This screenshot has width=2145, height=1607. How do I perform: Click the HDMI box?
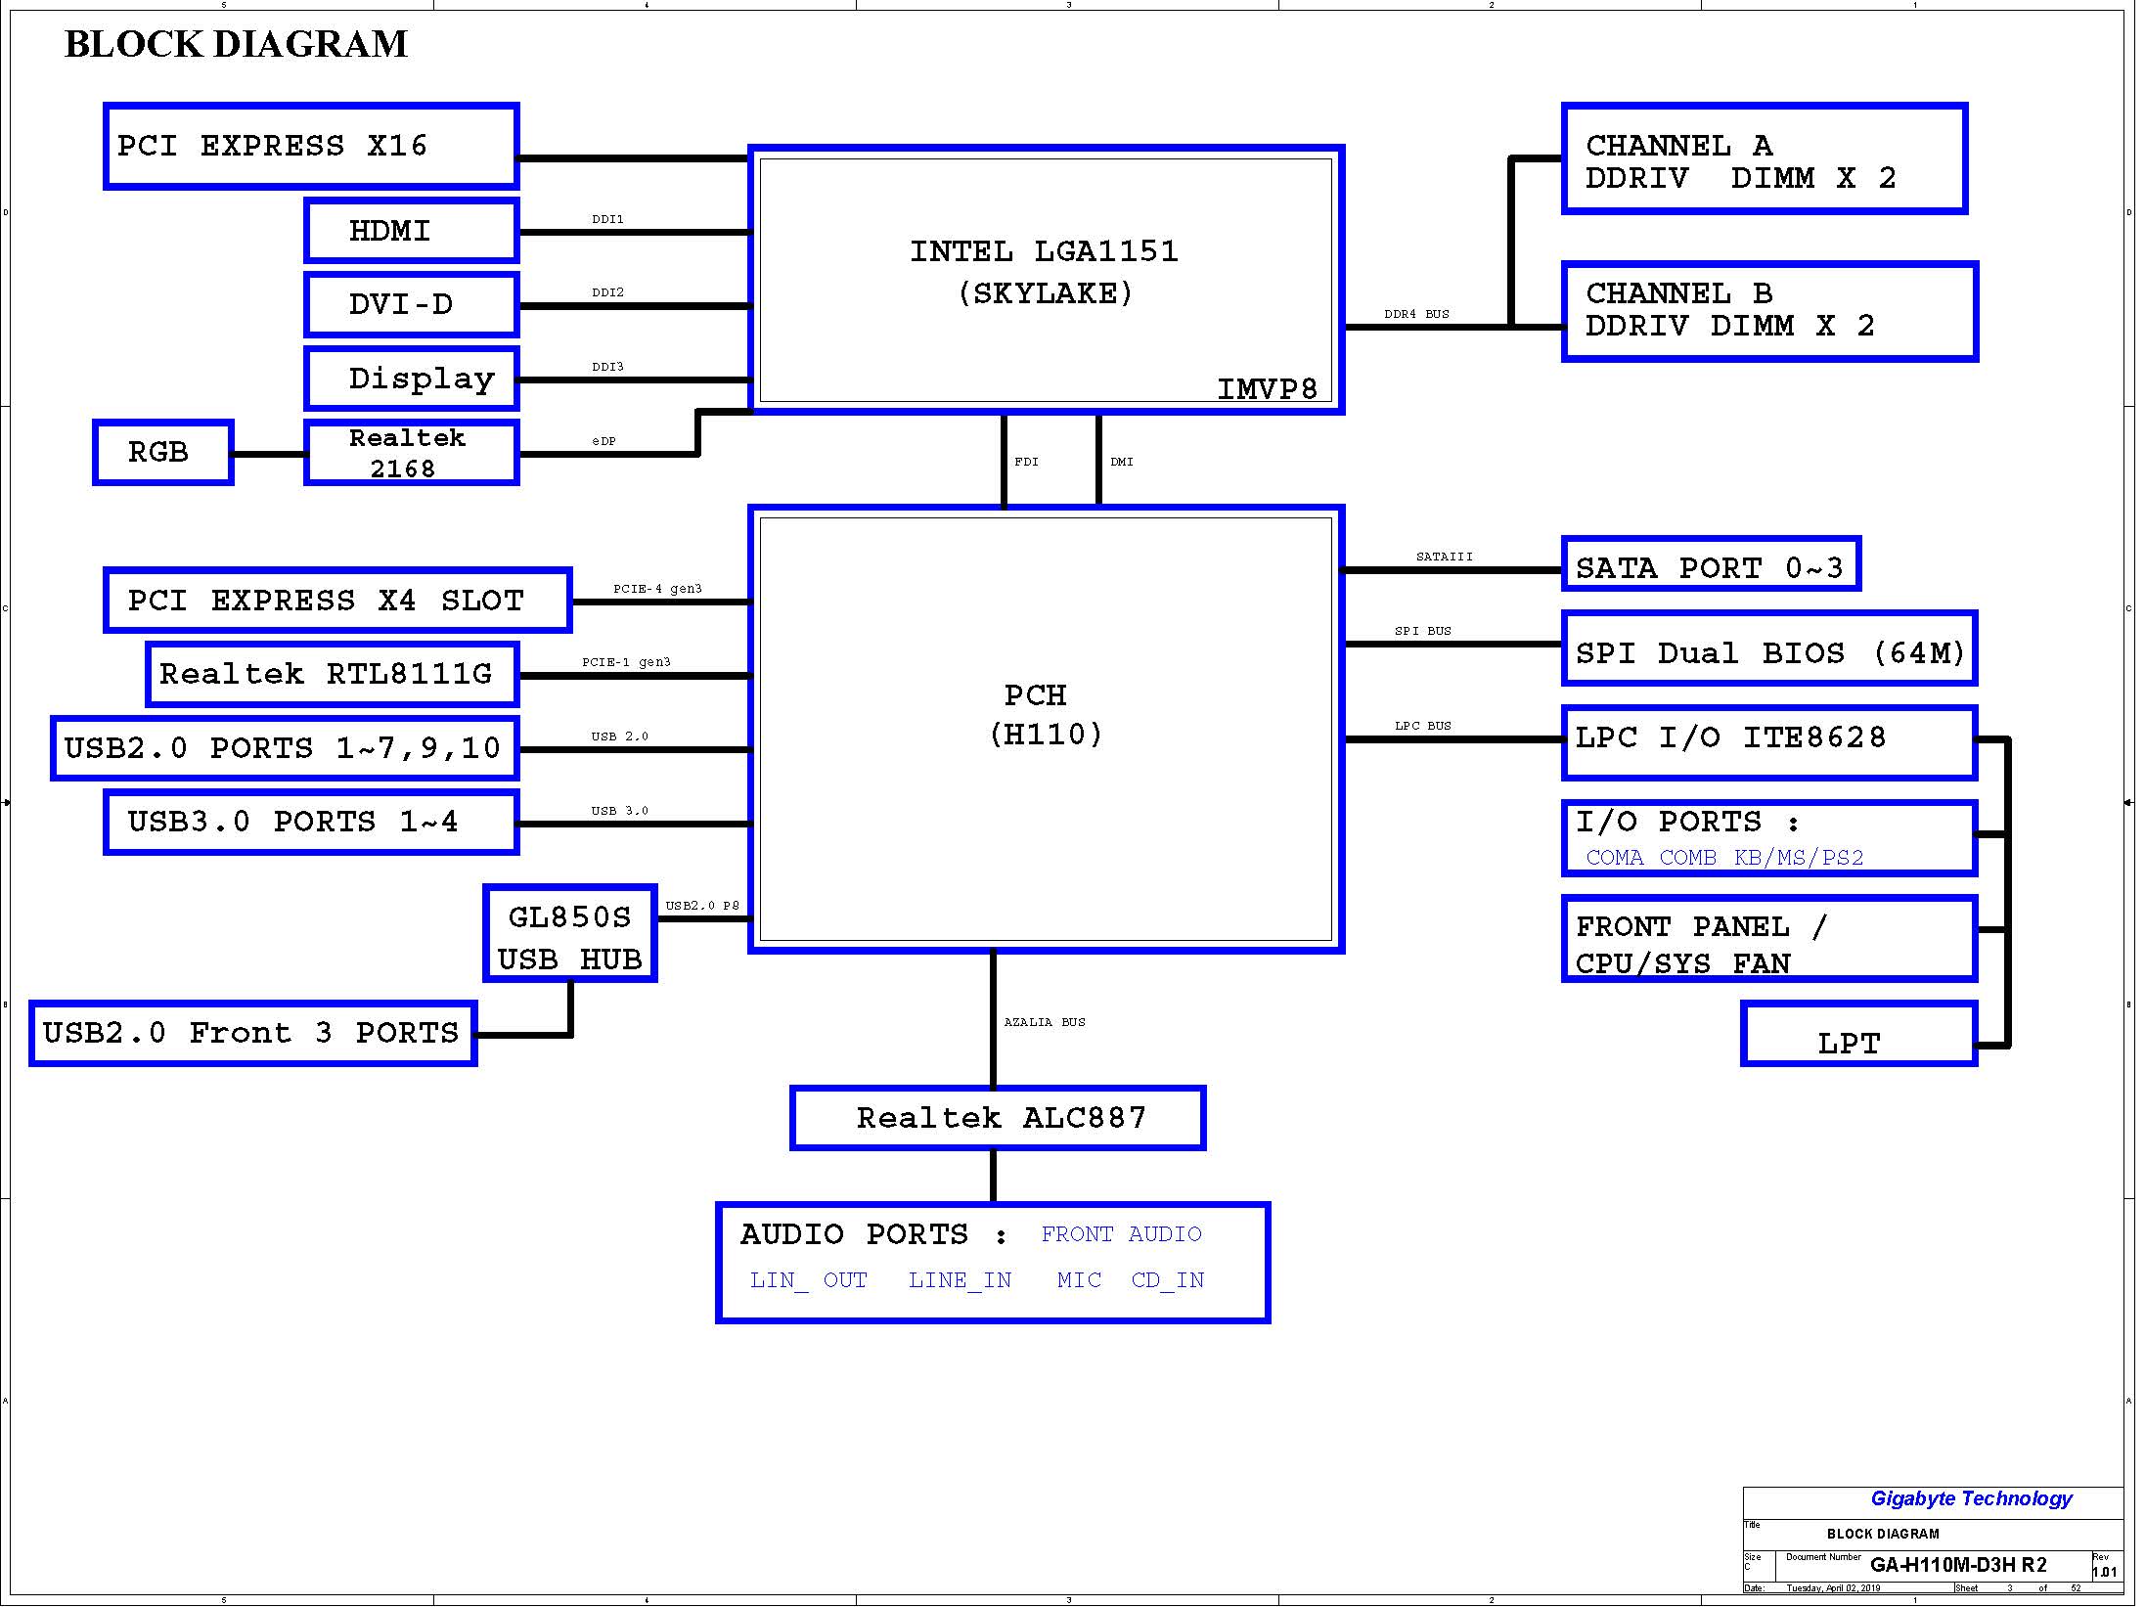click(412, 231)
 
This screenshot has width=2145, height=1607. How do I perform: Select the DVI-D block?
click(412, 304)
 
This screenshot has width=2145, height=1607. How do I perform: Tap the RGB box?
click(163, 452)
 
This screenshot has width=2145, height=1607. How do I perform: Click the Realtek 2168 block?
click(412, 452)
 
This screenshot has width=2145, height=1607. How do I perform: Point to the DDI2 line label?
click(607, 292)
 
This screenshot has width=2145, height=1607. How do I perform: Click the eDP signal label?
click(603, 441)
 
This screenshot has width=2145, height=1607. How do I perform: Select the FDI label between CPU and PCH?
click(1026, 462)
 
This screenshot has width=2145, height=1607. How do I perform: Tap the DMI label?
click(1122, 462)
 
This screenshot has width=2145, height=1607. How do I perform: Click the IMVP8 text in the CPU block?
click(1268, 389)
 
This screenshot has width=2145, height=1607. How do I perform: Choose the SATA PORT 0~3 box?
click(1711, 563)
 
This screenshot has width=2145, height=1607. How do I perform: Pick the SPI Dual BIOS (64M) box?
click(1769, 648)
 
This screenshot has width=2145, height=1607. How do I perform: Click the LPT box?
click(1859, 1034)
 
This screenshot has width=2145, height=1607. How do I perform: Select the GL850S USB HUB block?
click(570, 933)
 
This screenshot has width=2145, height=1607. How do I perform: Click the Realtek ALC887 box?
click(998, 1118)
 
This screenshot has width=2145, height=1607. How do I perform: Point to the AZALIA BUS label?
click(1045, 1022)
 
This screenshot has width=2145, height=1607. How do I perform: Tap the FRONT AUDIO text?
click(1121, 1234)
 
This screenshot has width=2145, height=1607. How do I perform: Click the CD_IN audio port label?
click(1168, 1280)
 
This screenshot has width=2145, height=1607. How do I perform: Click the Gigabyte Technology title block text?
click(1971, 1498)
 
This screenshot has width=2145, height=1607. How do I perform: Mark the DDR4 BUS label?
click(1416, 314)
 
